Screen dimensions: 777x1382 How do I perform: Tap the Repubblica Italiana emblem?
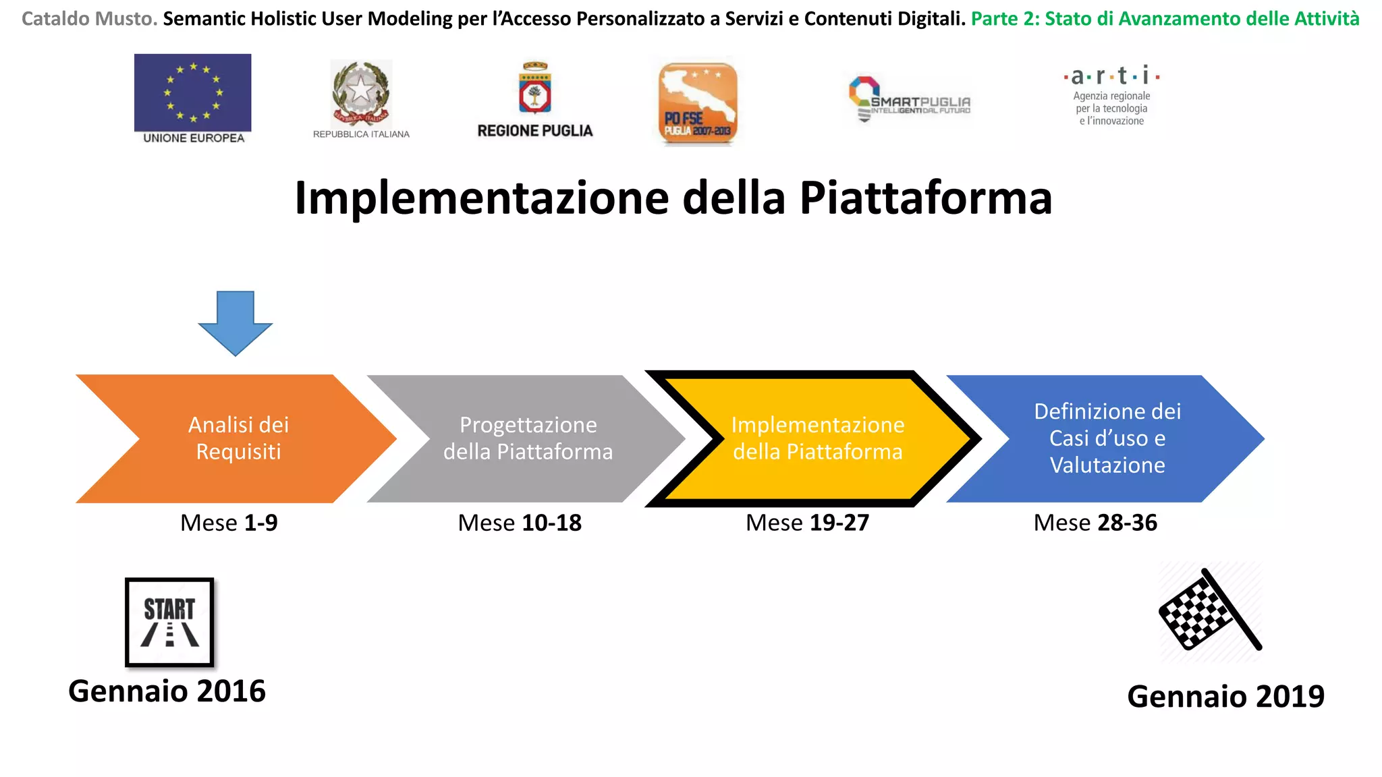tap(361, 94)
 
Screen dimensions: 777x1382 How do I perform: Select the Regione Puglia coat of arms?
tap(535, 88)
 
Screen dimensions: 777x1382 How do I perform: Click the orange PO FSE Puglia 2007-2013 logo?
tap(698, 103)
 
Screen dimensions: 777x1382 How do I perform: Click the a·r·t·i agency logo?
tap(1111, 96)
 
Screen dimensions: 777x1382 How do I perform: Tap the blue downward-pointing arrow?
tap(236, 322)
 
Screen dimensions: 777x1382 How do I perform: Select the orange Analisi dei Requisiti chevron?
tap(238, 438)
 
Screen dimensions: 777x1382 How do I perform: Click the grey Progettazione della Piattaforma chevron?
tap(528, 438)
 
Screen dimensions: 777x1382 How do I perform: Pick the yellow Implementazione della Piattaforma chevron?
tap(817, 438)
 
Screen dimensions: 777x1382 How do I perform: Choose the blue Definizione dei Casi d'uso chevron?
tap(1107, 438)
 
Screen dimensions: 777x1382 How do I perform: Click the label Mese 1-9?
tap(229, 523)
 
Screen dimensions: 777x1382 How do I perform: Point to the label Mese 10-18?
tap(520, 523)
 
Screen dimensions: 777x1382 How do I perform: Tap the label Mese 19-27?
tap(807, 523)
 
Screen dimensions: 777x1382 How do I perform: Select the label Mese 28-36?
tap(1095, 523)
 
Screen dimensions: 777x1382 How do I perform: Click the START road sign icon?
tap(169, 622)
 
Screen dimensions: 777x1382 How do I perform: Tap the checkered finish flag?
tap(1209, 611)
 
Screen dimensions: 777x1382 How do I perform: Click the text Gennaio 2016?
tap(167, 691)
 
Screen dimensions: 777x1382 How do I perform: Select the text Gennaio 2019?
tap(1225, 696)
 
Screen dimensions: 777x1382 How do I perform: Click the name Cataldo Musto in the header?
tap(89, 19)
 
